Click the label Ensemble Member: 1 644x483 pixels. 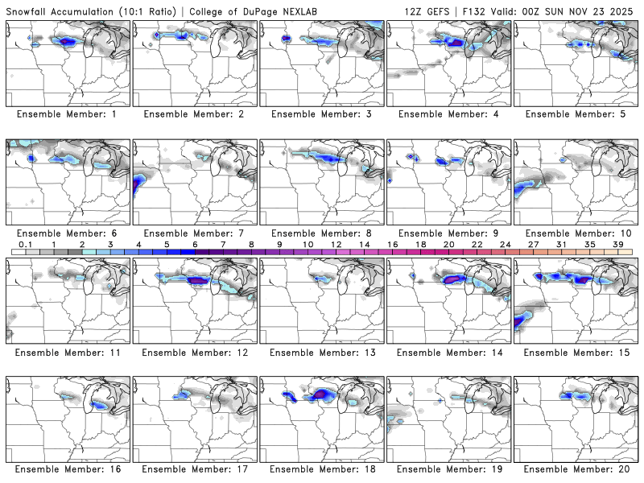[68, 114]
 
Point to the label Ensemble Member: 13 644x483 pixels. [322, 352]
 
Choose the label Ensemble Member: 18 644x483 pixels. [322, 468]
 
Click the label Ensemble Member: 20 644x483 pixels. [576, 468]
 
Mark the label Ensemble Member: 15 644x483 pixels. [576, 352]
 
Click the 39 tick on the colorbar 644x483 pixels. [618, 244]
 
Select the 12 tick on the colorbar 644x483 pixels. [336, 244]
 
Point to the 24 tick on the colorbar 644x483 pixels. [506, 244]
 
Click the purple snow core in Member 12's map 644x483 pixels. [198, 280]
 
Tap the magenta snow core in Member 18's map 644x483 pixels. [323, 394]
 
